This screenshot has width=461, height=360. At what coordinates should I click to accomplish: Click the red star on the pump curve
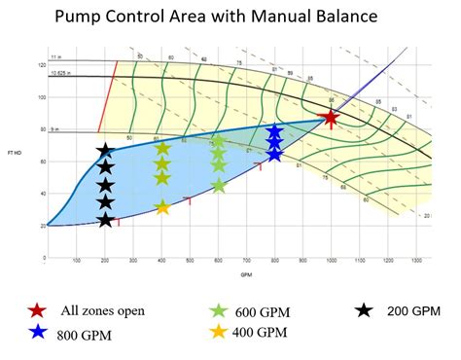331,118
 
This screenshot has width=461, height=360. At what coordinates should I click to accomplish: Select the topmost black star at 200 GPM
105,151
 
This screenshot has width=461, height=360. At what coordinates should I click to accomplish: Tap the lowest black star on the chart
105,220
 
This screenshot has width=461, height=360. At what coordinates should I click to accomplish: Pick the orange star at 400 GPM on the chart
162,206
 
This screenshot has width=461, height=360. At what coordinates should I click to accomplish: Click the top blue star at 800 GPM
275,130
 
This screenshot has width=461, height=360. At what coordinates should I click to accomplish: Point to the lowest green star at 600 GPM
219,185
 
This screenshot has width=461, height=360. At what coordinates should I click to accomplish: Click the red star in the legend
36,311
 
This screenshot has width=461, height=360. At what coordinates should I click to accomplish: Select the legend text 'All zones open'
102,311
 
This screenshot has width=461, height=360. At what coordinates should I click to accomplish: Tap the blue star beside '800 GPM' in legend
36,332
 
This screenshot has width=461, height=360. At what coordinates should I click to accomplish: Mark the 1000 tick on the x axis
332,261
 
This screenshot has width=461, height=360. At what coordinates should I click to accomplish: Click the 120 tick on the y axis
42,65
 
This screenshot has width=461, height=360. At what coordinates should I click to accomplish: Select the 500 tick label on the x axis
191,261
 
